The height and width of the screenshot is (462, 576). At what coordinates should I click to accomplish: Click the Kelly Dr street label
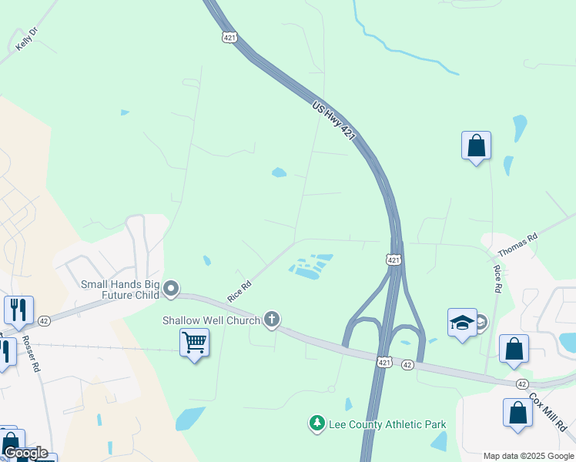pos(26,39)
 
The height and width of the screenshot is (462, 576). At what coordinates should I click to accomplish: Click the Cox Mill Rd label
pos(548,413)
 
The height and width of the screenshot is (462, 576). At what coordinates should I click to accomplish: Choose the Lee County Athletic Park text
pos(377,424)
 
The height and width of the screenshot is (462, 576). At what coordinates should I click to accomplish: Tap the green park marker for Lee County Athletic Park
pos(316,423)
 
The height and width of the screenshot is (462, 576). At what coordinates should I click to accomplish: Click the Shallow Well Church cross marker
pos(271,319)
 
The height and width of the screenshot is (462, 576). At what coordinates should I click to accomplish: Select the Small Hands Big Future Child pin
pos(171,289)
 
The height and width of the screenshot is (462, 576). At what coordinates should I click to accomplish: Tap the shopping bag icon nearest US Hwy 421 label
pos(476,145)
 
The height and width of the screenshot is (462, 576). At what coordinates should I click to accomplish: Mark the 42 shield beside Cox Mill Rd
pos(522,383)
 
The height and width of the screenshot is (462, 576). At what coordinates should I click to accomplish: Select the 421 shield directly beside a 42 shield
pos(384,361)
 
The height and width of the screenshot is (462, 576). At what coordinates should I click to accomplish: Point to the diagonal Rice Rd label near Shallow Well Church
pos(239,290)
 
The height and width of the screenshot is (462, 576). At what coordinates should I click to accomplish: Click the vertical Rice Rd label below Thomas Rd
pos(497,279)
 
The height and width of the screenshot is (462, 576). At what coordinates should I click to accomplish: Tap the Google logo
pos(25,454)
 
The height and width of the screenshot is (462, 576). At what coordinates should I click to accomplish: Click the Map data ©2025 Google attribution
pos(527,456)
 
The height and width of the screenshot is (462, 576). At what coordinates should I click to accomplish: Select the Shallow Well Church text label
pos(211,320)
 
